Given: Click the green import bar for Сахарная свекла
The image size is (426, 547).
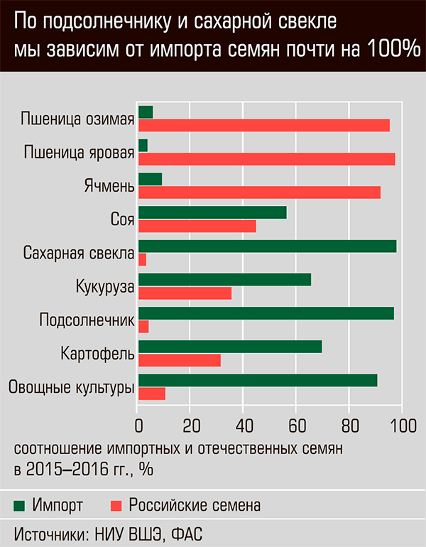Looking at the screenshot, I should click(267, 247).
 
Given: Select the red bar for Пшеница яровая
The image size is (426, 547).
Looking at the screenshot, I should click(266, 159).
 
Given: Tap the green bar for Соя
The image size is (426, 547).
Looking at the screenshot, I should click(212, 212).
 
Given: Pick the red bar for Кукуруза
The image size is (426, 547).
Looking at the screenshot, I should click(185, 293).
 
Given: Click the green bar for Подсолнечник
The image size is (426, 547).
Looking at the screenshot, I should click(266, 313).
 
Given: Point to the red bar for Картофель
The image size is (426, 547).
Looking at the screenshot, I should click(179, 360).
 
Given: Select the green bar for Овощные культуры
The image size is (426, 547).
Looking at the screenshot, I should click(257, 380).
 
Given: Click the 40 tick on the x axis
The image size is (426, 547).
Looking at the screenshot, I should click(243, 426).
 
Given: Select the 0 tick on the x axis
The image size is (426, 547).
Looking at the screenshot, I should click(138, 426).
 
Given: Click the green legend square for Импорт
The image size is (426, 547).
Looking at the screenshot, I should click(19, 506).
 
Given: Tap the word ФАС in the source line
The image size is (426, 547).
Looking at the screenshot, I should click(191, 533).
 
